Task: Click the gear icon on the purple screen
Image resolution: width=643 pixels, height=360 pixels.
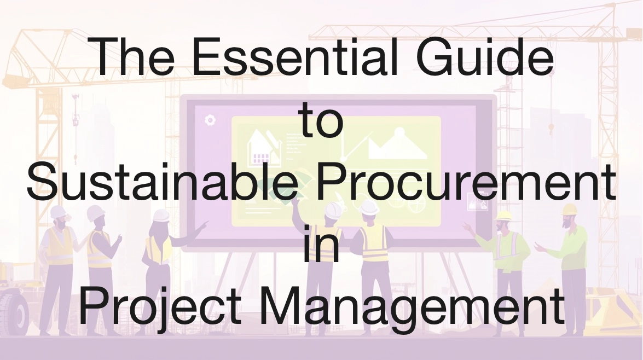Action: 209,120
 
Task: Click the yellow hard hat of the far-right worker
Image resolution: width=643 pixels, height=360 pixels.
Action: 570,209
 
